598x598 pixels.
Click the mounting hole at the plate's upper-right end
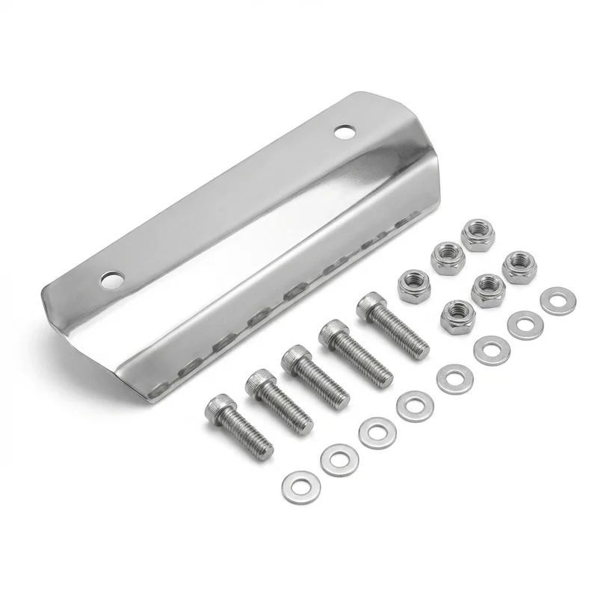pyautogui.click(x=344, y=132)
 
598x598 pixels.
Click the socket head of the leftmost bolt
pyautogui.click(x=218, y=405)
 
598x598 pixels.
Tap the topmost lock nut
pyautogui.click(x=477, y=234)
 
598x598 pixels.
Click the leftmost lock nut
pyautogui.click(x=412, y=285)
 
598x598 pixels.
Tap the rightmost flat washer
pyautogui.click(x=556, y=300)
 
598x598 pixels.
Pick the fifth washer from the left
pyautogui.click(x=451, y=377)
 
